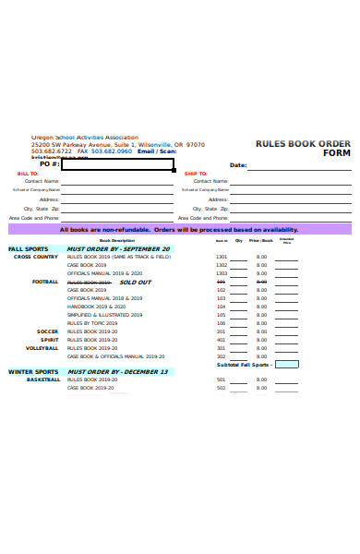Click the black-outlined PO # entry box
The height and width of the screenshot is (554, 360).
pyautogui.click(x=116, y=164)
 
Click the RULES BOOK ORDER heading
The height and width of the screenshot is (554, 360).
pyautogui.click(x=303, y=143)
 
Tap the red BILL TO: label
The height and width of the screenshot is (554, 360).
pyautogui.click(x=28, y=174)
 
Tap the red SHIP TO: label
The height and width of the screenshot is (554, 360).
pyautogui.click(x=196, y=174)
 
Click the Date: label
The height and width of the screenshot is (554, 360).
pyautogui.click(x=237, y=165)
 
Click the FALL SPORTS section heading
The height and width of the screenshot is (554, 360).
pyautogui.click(x=29, y=249)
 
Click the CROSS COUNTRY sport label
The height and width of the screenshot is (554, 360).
pyautogui.click(x=35, y=257)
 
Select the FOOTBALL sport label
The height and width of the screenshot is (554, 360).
pyautogui.click(x=45, y=282)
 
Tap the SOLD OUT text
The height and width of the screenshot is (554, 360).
pyautogui.click(x=135, y=282)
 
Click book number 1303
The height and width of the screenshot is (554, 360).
pyautogui.click(x=221, y=273)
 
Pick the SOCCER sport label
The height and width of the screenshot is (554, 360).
pyautogui.click(x=47, y=331)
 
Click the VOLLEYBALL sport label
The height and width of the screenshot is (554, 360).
pyautogui.click(x=42, y=348)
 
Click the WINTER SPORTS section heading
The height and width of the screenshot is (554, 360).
pyautogui.click(x=33, y=372)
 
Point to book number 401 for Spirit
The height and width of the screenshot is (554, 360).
pyautogui.click(x=221, y=340)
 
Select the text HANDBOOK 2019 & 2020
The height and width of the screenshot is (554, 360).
pyautogui.click(x=95, y=307)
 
